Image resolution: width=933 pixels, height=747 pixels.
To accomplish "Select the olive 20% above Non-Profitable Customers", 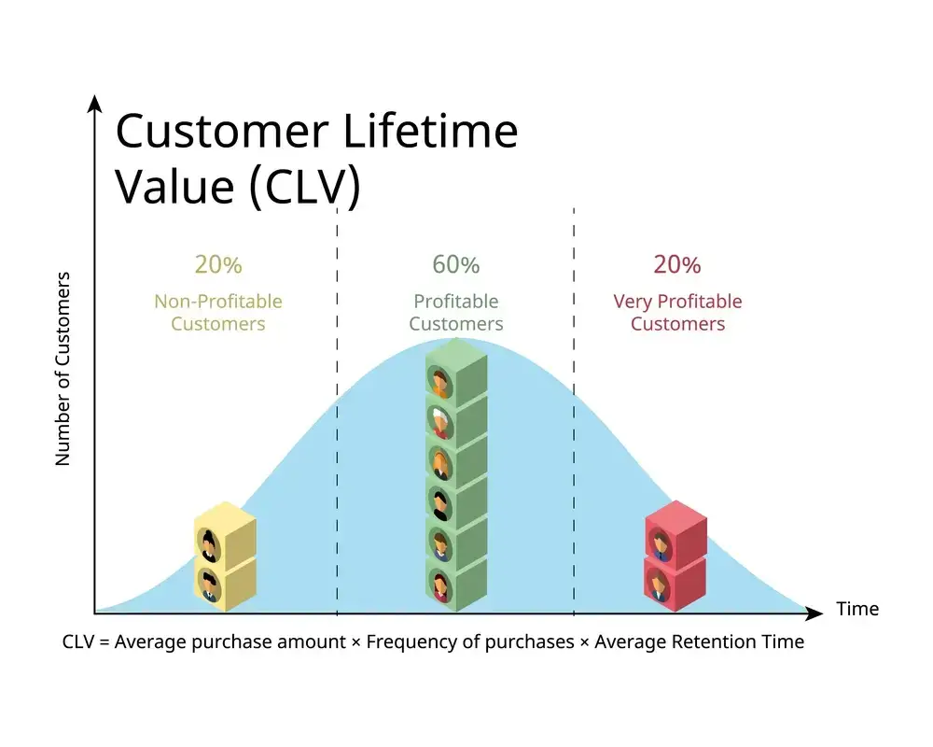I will coord(218,265).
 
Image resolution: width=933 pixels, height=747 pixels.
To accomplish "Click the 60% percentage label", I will coord(455,265).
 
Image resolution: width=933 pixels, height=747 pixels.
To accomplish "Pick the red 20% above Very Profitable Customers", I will coord(676,265).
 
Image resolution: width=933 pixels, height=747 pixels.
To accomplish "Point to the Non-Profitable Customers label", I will coord(218,313).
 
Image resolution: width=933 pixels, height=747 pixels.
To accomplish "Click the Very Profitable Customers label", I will coord(677,313).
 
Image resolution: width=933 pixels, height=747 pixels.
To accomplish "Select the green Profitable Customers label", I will coord(455,313).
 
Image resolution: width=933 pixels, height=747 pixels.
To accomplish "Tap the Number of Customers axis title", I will coord(63,369).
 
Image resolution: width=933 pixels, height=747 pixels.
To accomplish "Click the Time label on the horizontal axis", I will coord(857,610).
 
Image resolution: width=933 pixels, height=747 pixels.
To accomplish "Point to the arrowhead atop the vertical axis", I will coord(94,104).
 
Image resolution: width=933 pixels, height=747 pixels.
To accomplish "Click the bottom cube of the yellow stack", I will coord(224,583).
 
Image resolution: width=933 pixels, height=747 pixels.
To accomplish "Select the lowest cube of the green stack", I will coord(455,585).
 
